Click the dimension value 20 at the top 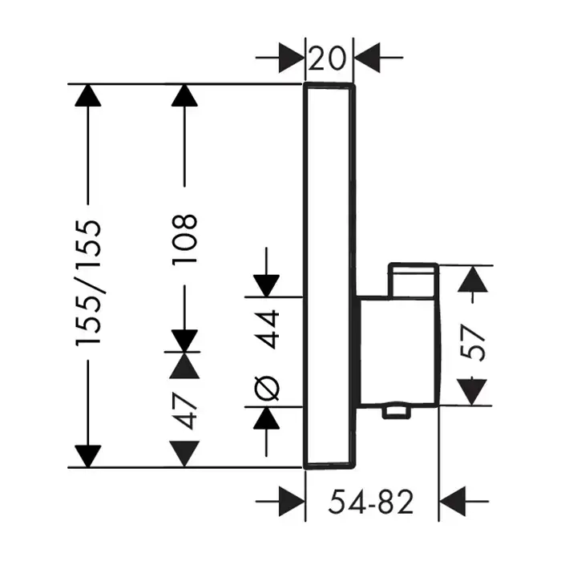pyautogui.click(x=329, y=58)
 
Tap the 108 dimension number pyautogui.click(x=184, y=232)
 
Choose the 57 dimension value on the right pyautogui.click(x=475, y=344)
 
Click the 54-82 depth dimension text pyautogui.click(x=372, y=502)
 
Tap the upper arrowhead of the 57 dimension pyautogui.click(x=475, y=278)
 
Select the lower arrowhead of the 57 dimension pyautogui.click(x=475, y=393)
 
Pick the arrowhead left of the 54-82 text pyautogui.click(x=293, y=502)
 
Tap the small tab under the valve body pyautogui.click(x=396, y=412)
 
